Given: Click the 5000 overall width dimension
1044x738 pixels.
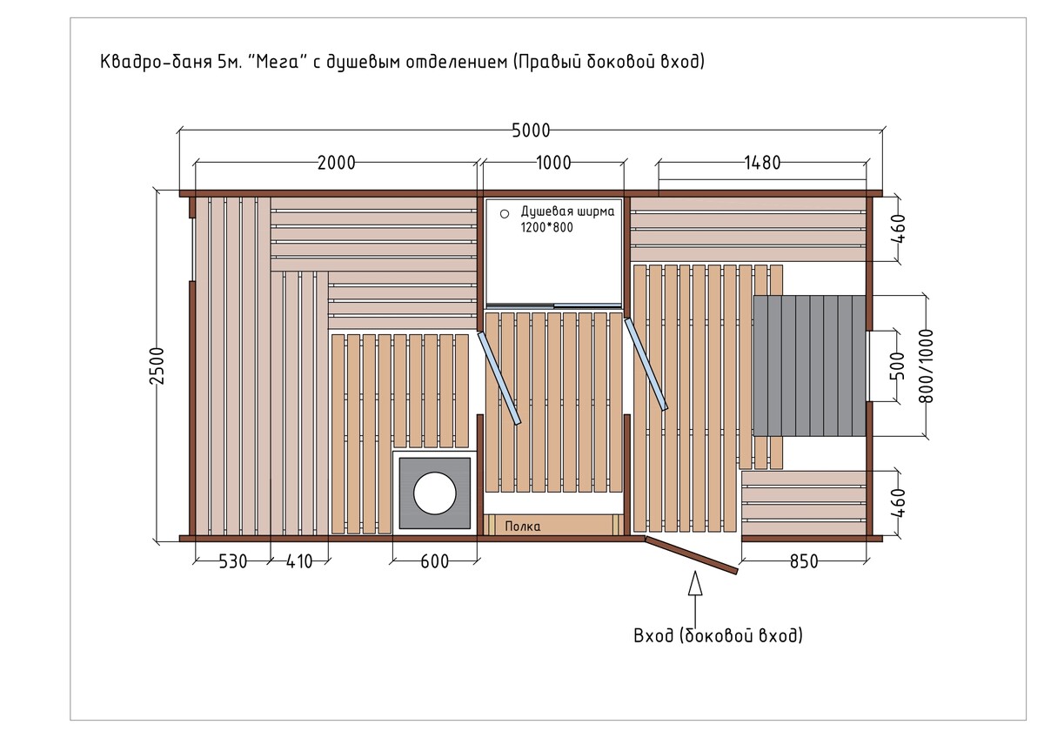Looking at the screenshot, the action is pos(531,131).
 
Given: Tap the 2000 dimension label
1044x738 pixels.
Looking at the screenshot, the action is pos(336,163).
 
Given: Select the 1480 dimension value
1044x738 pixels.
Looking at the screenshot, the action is pos(762,163).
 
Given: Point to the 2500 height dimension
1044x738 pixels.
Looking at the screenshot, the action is pos(157,366).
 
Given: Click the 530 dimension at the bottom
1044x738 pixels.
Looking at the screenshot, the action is pos(232,562).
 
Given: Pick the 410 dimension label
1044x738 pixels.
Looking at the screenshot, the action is pos(298,562).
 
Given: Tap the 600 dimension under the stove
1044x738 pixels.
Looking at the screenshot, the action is pos(434,562).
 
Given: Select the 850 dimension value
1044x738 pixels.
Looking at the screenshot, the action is pos(804,562).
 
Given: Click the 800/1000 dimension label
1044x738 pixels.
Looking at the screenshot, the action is pos(926,366).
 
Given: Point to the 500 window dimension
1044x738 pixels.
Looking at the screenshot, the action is pos(897,366).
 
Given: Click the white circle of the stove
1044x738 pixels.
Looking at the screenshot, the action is pos(434,493).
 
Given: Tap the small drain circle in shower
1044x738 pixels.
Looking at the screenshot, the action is pos(505,214).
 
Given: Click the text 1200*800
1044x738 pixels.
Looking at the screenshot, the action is pos(546,227).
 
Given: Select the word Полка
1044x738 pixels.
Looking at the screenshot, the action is pos(523,527).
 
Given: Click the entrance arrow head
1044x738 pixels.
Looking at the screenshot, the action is pos(695,583).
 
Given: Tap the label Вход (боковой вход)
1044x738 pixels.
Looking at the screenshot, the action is pos(718,635).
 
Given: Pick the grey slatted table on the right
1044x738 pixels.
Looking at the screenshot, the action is pos(809,366).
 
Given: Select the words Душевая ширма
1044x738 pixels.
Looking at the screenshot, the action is pos(567,211).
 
